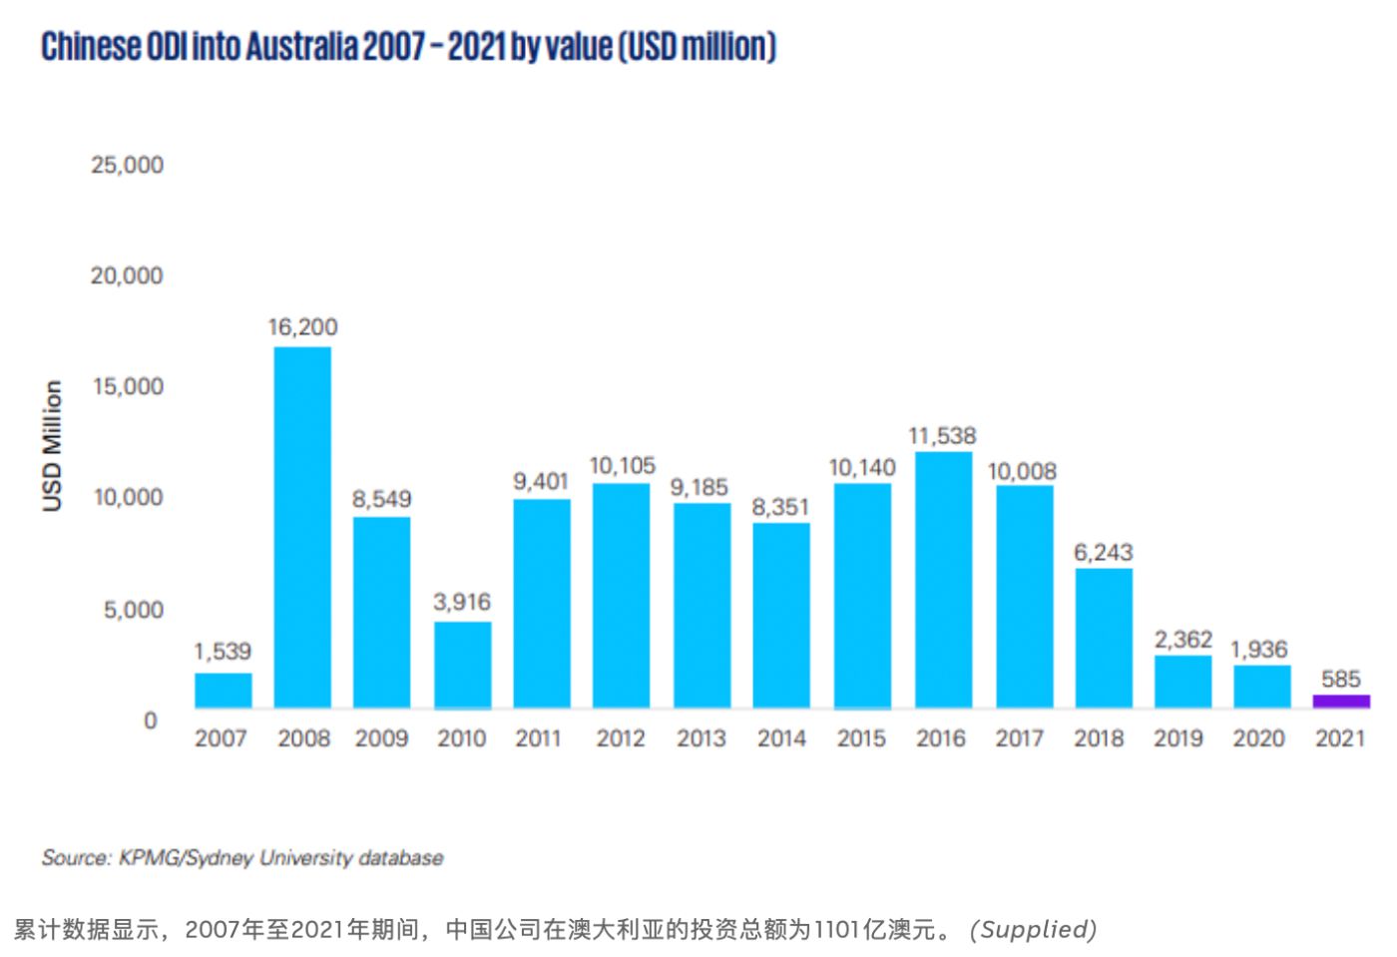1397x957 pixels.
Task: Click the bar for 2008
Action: (302, 527)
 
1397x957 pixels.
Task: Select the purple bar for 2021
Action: (1340, 701)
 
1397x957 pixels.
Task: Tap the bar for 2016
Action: (943, 580)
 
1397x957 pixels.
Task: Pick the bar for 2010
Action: (462, 665)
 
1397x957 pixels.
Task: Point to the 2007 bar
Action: (223, 691)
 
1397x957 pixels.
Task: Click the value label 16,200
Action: (302, 327)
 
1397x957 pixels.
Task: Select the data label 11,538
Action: (942, 436)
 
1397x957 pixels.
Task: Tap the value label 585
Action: (1340, 680)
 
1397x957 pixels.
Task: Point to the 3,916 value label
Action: (462, 602)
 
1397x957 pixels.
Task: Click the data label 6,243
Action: (1103, 553)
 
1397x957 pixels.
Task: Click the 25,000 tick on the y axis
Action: (127, 166)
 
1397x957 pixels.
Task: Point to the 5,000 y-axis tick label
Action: (134, 610)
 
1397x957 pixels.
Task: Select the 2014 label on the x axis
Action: (781, 738)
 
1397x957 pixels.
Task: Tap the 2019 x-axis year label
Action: (1178, 738)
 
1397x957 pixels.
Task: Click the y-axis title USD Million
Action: (52, 445)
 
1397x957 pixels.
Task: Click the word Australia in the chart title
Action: (301, 47)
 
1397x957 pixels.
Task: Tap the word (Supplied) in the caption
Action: (1033, 929)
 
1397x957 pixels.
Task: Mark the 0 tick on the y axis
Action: (150, 720)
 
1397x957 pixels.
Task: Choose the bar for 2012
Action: (622, 596)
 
